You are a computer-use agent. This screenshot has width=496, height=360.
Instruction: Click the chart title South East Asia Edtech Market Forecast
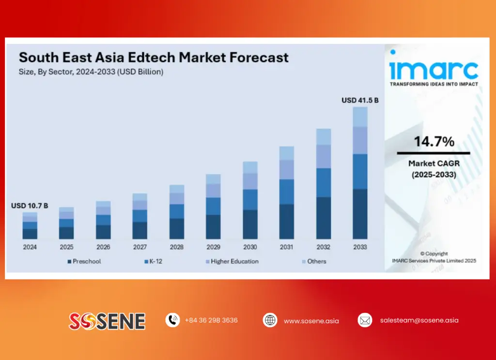(x=153, y=57)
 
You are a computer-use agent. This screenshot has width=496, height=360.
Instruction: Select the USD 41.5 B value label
(x=360, y=100)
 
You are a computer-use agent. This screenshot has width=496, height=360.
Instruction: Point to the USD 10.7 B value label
(x=30, y=206)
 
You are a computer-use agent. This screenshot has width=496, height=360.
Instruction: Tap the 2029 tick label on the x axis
(x=213, y=247)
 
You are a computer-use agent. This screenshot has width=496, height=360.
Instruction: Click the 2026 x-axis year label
(x=103, y=247)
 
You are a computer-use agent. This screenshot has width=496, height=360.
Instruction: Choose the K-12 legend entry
(x=155, y=262)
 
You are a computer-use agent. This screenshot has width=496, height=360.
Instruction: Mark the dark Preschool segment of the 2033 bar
(x=360, y=214)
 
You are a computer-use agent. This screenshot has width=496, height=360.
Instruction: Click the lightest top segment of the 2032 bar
(x=323, y=137)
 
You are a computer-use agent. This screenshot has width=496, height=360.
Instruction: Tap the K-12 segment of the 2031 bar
(x=286, y=191)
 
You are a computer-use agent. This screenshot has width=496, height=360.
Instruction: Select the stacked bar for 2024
(x=30, y=225)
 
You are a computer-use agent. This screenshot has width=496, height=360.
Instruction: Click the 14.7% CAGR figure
(x=434, y=142)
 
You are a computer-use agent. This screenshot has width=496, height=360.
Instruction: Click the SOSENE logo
(x=107, y=321)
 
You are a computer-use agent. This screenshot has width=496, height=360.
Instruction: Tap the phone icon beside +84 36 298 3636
(x=172, y=320)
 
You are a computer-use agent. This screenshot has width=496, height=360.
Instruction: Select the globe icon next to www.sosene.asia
(x=270, y=320)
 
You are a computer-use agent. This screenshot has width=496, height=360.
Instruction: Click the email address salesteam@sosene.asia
(x=419, y=320)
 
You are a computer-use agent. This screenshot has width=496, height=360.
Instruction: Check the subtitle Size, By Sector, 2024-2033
(x=91, y=72)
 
